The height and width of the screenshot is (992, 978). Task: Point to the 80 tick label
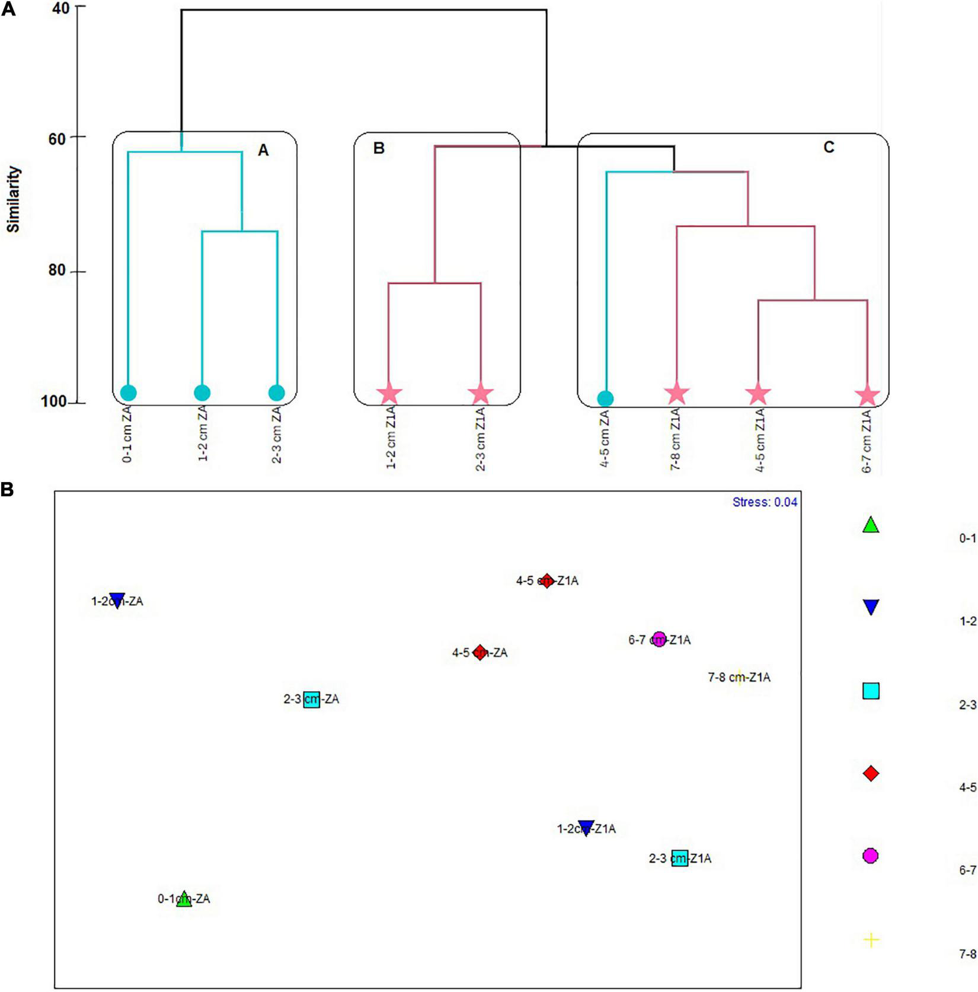(57, 270)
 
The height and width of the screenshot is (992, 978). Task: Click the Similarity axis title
(14, 199)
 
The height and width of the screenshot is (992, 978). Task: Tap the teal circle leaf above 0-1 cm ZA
(129, 393)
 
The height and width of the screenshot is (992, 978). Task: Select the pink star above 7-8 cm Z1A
(677, 394)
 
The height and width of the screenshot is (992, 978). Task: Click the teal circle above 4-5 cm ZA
(605, 398)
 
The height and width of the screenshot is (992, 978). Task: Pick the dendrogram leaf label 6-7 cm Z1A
(867, 441)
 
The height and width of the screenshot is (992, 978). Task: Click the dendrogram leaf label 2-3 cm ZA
(277, 435)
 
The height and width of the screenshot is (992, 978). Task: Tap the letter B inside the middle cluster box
(379, 148)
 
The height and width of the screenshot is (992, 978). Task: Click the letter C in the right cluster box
(829, 146)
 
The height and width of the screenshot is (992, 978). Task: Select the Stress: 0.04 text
(765, 503)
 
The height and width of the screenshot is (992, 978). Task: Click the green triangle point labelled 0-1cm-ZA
(184, 899)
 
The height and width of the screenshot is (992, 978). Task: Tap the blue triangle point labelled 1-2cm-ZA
(117, 600)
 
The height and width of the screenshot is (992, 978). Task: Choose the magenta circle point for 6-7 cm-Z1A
(659, 639)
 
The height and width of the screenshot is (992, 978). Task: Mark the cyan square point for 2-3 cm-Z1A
(680, 858)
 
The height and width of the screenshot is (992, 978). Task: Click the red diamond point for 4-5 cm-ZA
(480, 652)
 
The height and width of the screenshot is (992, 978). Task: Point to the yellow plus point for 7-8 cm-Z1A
(739, 677)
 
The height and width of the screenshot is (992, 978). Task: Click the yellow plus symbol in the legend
(871, 940)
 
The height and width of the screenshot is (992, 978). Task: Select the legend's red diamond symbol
(871, 773)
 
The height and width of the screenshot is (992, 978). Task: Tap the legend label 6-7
(967, 870)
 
